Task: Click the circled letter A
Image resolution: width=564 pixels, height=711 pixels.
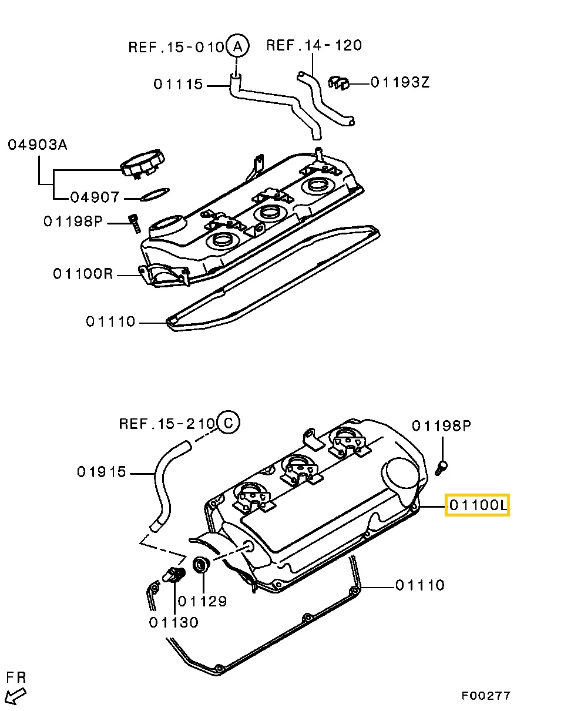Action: [x=237, y=46]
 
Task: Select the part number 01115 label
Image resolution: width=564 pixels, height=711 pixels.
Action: [x=178, y=85]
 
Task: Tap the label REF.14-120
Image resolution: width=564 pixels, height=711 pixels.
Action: [x=314, y=45]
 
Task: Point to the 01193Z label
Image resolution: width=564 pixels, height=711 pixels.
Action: [x=400, y=82]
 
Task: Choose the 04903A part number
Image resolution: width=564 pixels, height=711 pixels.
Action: [x=37, y=145]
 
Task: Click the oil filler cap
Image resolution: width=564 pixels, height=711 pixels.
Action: [x=143, y=163]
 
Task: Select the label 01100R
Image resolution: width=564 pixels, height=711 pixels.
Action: [x=82, y=274]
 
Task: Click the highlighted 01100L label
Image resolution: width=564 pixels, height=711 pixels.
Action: [x=477, y=505]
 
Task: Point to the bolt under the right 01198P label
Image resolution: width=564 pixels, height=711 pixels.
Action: [x=441, y=467]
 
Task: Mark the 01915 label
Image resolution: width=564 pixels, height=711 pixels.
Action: [x=102, y=472]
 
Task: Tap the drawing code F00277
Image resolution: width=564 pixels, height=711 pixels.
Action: [x=485, y=696]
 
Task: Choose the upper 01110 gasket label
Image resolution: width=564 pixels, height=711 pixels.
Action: [x=110, y=322]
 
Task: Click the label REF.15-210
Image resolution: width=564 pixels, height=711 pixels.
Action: [x=167, y=423]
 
